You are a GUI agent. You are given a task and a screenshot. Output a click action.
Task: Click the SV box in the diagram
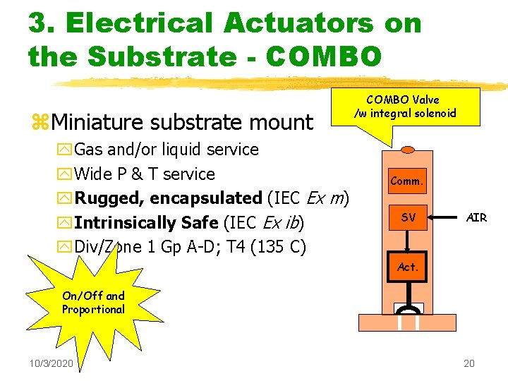coord(409,217)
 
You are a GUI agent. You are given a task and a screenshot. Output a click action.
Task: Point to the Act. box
coord(409,267)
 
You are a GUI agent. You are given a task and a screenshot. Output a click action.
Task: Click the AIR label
coord(477,217)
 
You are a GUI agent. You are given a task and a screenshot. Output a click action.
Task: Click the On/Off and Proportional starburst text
coord(93,303)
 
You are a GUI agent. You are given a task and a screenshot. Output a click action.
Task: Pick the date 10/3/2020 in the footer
coord(51,363)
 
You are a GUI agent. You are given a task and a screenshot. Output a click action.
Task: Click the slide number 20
coord(469,363)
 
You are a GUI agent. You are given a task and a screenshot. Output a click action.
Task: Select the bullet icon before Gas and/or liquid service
coord(65,150)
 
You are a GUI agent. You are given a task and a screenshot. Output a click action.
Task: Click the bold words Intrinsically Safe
coord(147,223)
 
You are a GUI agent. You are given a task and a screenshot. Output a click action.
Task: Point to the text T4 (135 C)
coord(267,248)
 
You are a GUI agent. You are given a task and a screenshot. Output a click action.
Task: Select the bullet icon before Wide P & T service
coord(65,174)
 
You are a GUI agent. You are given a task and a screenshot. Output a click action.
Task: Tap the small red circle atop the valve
coord(408,150)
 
